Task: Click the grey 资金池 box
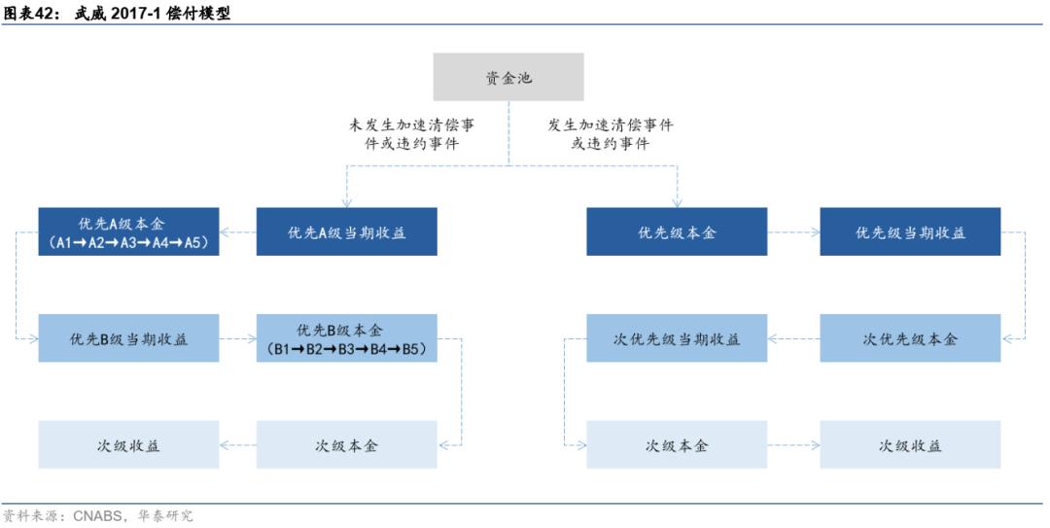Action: coord(508,77)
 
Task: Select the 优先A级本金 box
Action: coord(128,232)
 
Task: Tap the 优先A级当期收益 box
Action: coord(347,232)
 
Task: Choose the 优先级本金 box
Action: coord(677,232)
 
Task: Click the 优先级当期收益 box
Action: coord(910,232)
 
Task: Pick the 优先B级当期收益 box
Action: coord(128,338)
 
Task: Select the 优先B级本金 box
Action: coord(347,338)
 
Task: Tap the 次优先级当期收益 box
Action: coord(677,338)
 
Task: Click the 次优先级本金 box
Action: coord(910,338)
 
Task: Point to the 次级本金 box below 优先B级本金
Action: coord(347,445)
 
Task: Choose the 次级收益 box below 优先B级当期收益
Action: coord(128,445)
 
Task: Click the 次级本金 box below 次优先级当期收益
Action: coord(677,445)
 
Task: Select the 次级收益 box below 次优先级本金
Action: coord(910,445)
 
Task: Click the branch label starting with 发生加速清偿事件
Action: coord(611,134)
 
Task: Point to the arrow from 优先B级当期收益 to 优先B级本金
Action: coord(238,339)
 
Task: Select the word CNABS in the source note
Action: coord(97,516)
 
